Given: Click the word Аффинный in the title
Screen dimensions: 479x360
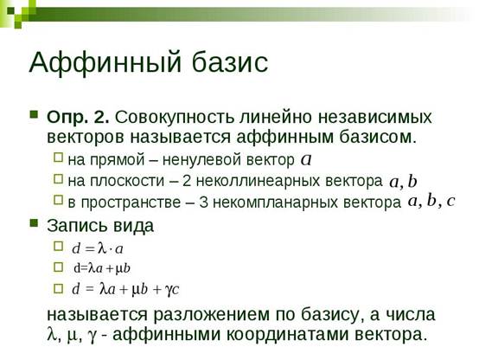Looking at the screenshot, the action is tap(105, 62).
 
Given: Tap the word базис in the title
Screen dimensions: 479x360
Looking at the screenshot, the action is tap(230, 62).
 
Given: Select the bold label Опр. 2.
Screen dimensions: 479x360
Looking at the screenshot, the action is tap(78, 118).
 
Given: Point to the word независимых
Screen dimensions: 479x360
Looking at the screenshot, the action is tap(375, 118).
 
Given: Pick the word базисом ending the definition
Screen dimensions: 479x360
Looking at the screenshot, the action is tap(378, 138).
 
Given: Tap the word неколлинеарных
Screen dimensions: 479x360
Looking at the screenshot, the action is tap(258, 181).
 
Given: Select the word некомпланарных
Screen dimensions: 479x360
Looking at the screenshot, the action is tap(273, 202).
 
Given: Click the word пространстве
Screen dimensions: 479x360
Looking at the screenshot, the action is tap(131, 202).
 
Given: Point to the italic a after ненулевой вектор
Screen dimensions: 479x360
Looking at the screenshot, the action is tap(306, 159).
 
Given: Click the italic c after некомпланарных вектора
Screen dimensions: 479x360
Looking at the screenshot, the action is tap(450, 201).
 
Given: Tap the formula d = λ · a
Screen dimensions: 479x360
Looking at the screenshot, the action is tap(98, 248).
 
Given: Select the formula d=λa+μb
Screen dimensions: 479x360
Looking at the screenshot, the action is tap(102, 268).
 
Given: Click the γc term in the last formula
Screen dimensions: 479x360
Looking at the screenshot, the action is tap(172, 289).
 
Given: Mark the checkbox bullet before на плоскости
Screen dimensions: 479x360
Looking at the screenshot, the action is tap(58, 178).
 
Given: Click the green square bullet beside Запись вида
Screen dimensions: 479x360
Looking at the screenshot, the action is tap(34, 222).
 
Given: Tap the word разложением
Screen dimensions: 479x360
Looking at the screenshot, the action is tap(211, 315).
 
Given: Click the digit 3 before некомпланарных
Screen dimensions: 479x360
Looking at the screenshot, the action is tap(203, 202).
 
